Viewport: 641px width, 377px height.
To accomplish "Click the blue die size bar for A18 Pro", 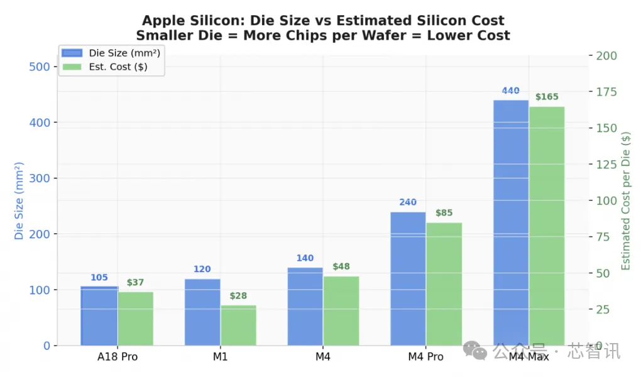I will point(99,316).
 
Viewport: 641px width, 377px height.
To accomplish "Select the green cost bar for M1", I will point(238,325).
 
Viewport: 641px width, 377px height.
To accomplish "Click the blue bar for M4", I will point(305,307).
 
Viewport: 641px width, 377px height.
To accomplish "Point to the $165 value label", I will point(547,97).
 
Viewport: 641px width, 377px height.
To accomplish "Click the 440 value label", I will point(510,90).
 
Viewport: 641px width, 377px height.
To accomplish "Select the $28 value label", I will point(238,295).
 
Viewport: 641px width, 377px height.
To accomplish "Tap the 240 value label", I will point(408,202).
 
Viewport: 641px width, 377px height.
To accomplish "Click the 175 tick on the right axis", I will point(606,92).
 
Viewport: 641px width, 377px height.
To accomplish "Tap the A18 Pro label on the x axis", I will point(117,357).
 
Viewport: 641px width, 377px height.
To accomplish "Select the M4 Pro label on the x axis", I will point(425,357).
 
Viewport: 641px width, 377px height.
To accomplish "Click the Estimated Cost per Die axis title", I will point(625,200).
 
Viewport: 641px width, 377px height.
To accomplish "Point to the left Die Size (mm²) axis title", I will point(19,200).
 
